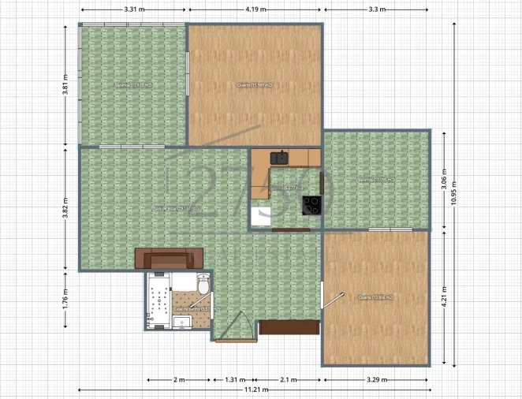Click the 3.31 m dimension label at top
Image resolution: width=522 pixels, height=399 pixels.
coord(133,9)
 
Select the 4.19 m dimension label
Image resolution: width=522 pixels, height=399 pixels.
coord(254,9)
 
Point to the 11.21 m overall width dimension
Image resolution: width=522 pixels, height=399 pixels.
coord(254,390)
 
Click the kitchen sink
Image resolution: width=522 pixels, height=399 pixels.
coord(280,158)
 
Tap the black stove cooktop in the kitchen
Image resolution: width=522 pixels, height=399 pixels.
coord(312,203)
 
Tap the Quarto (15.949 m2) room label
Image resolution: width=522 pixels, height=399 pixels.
coord(254,84)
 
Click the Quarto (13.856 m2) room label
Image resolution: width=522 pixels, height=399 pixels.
coord(375,297)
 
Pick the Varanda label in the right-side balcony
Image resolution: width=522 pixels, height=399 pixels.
coord(375,180)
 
